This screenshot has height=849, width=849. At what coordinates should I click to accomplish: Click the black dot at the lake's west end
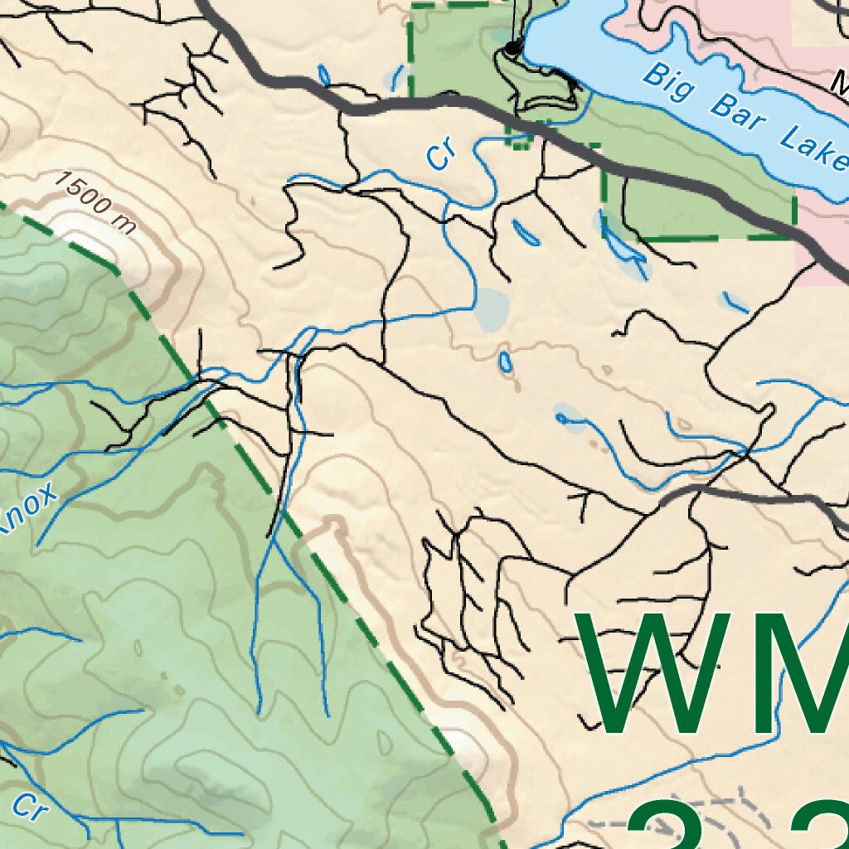[x=513, y=48]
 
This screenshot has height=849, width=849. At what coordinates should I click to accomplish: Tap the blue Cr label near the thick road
[x=442, y=153]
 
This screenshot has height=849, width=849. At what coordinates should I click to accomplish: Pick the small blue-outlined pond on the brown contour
[x=505, y=361]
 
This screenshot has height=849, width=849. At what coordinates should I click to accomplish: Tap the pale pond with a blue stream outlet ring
[x=570, y=417]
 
